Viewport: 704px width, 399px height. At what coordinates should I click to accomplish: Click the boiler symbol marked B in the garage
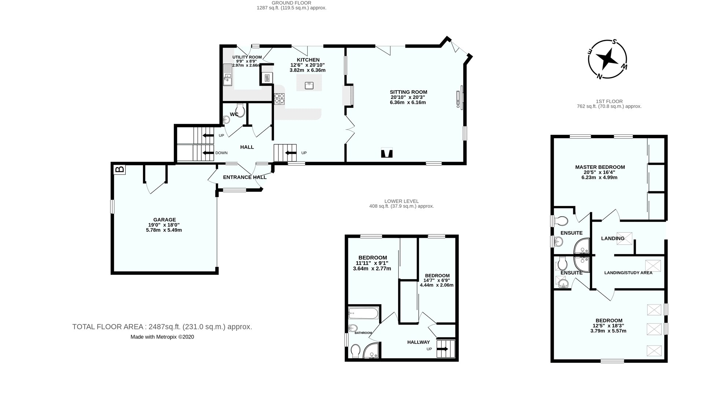[x=120, y=169]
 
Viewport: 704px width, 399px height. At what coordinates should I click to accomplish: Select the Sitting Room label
[x=408, y=97]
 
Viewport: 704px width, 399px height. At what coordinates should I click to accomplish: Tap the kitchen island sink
[x=309, y=85]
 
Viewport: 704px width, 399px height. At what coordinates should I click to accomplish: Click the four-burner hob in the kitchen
[x=279, y=99]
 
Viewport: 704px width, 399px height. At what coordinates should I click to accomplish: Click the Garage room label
[x=164, y=225]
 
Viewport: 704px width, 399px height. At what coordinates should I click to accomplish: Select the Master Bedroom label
[x=599, y=172]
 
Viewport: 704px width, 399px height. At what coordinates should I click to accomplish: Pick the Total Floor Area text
[x=162, y=327]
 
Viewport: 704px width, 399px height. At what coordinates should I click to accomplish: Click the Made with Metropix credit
[x=162, y=337]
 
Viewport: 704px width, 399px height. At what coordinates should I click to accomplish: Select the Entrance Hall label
[x=245, y=177]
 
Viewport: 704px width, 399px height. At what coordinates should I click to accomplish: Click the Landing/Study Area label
[x=628, y=273]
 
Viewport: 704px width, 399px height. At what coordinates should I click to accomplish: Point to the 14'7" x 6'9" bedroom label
[x=437, y=280]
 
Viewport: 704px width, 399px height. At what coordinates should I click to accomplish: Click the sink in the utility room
[x=227, y=78]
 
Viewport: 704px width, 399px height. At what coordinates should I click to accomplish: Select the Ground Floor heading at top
[x=291, y=5]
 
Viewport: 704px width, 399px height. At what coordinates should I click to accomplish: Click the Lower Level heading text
[x=401, y=204]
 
